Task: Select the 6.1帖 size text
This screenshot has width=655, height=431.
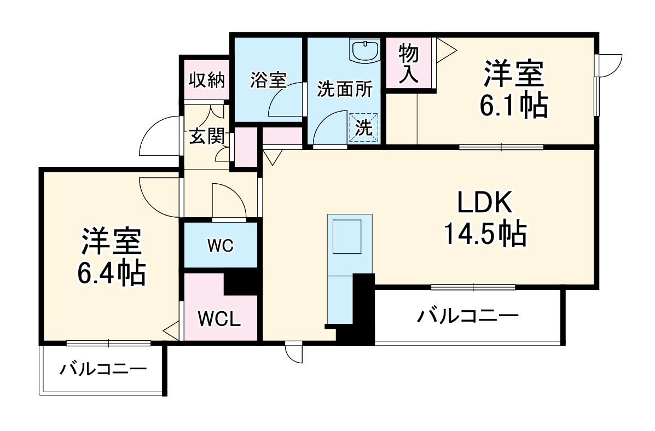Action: (x=513, y=106)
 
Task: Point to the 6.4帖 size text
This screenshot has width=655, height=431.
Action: (x=112, y=272)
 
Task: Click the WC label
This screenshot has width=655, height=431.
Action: (x=220, y=246)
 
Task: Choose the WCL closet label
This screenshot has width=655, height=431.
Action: (x=219, y=318)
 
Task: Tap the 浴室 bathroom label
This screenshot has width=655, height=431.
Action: (x=268, y=80)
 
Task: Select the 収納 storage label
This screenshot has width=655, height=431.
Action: (x=207, y=80)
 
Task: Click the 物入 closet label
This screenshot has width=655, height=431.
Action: (x=409, y=64)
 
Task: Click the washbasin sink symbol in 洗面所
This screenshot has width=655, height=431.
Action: (x=365, y=52)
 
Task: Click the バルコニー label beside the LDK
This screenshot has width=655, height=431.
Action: (x=467, y=315)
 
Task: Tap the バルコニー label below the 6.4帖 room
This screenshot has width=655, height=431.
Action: (x=103, y=369)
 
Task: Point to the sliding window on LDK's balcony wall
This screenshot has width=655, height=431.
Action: (x=473, y=287)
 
